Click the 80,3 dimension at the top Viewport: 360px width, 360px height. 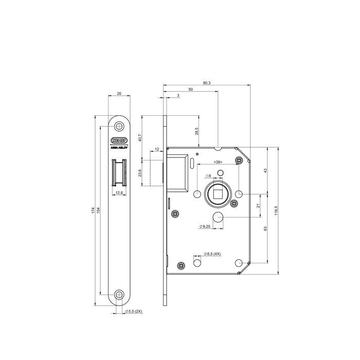pos(207,82)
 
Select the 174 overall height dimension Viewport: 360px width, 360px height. pos(93,211)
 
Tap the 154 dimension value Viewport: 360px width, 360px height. pos(98,211)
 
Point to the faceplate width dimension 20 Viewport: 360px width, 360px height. pos(119,94)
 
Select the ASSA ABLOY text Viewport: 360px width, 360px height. pos(119,146)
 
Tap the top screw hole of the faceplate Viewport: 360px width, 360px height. pos(119,125)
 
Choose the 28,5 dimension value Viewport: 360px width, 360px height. pos(197,131)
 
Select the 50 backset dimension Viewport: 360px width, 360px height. pos(191,89)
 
